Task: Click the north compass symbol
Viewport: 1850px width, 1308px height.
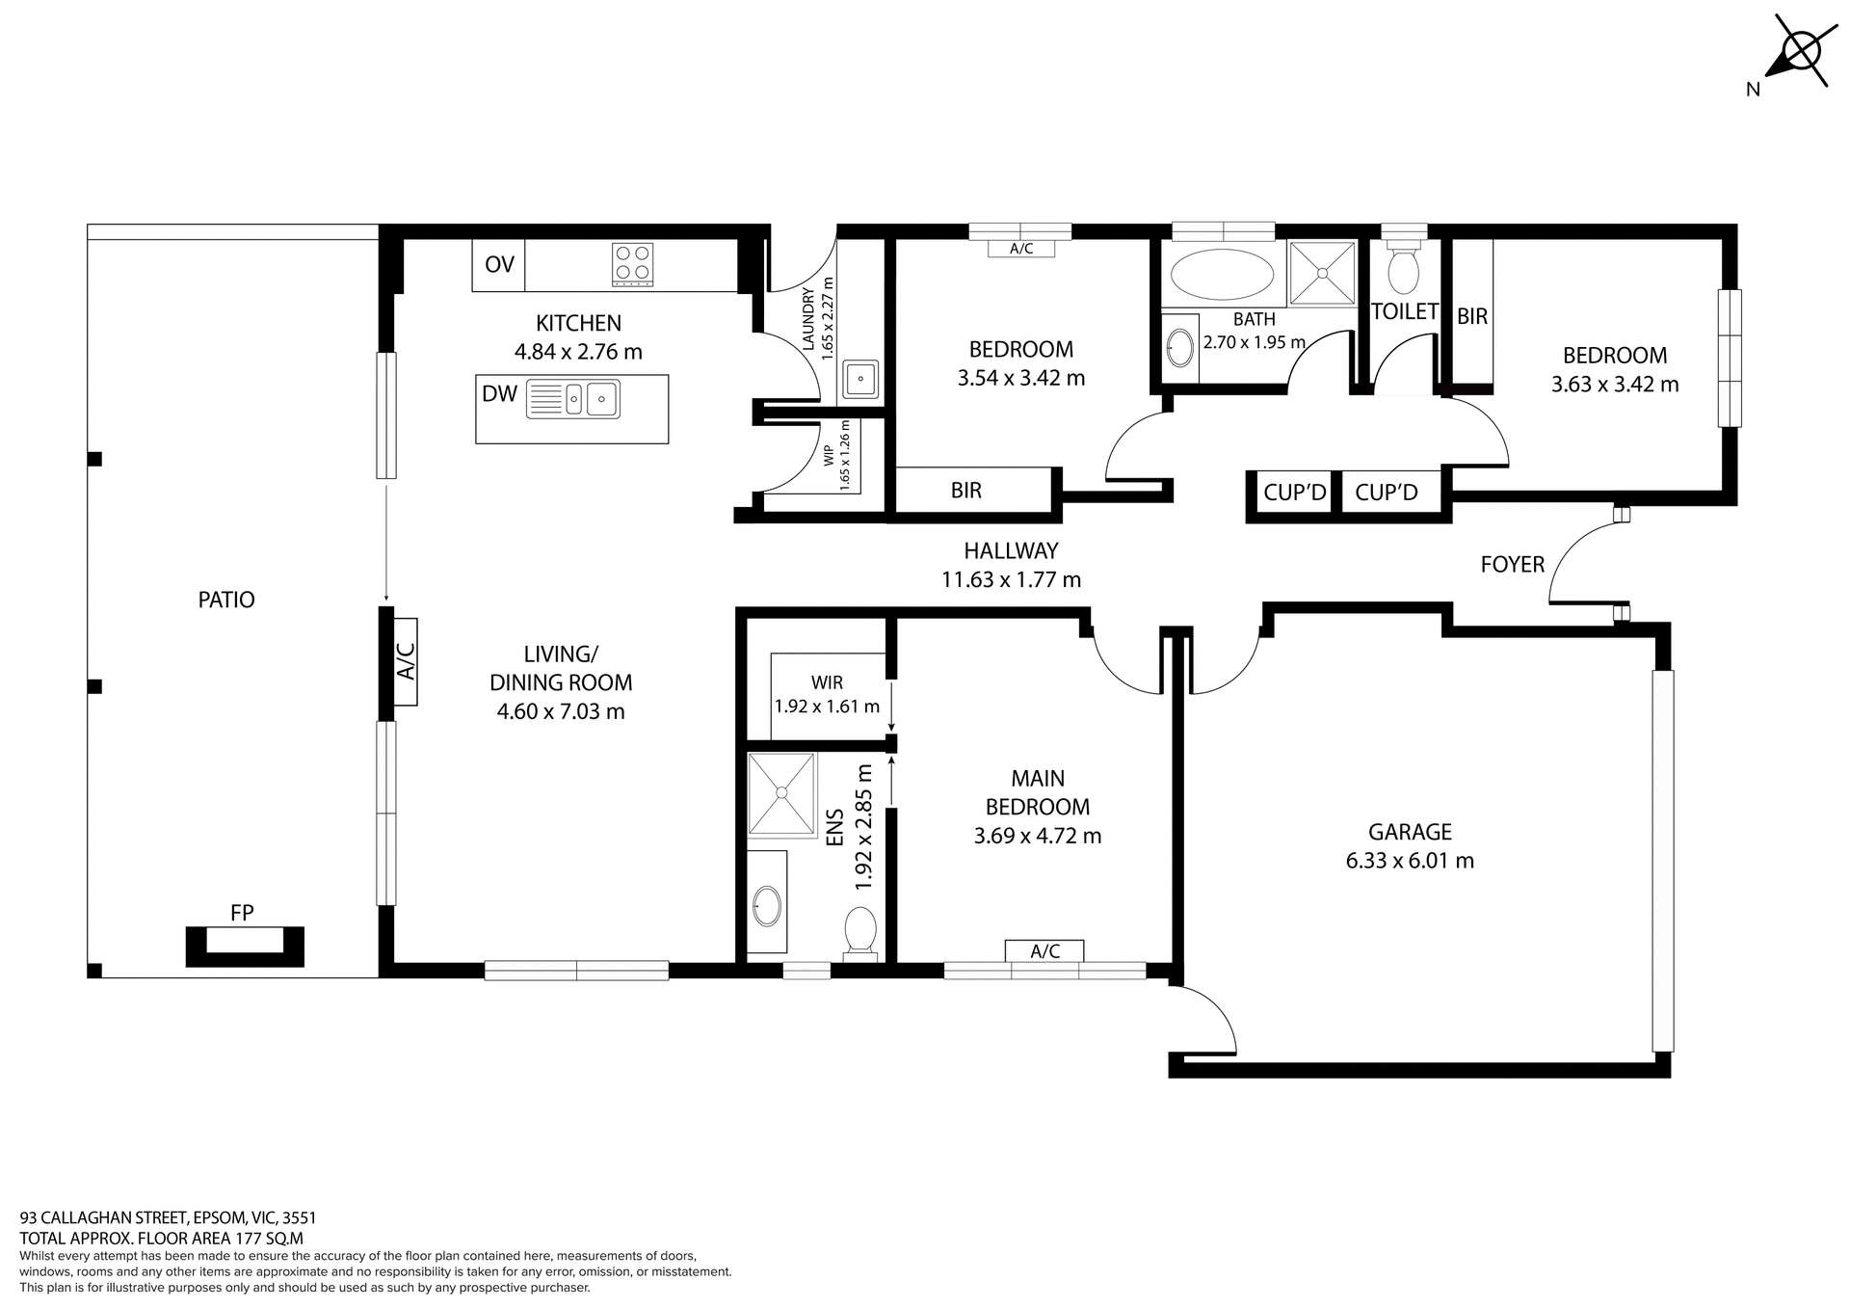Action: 1797,57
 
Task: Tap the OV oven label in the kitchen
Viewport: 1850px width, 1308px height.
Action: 499,265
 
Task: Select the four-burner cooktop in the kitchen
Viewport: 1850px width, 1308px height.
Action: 633,264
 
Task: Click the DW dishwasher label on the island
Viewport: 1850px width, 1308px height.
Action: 499,393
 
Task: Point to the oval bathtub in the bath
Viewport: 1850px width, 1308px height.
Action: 1221,275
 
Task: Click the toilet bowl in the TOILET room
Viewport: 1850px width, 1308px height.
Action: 1403,271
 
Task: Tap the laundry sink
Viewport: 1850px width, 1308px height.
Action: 859,379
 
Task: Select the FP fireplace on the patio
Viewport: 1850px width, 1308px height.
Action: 245,945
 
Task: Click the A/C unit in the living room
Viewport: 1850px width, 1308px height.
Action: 406,661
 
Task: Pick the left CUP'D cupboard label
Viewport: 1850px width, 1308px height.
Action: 1294,493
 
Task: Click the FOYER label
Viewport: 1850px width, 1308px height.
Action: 1512,565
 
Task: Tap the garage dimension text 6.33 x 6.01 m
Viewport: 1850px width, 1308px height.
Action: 1410,861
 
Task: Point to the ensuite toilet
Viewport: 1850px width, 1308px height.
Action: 859,933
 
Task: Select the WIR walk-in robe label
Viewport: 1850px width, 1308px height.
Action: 827,682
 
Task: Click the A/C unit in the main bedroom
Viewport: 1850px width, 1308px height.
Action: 1044,951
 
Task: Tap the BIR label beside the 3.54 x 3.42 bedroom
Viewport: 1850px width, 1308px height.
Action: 965,491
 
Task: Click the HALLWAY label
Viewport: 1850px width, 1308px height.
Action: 1011,550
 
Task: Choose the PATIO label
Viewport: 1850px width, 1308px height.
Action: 226,600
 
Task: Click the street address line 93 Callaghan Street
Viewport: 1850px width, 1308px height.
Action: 168,1217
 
